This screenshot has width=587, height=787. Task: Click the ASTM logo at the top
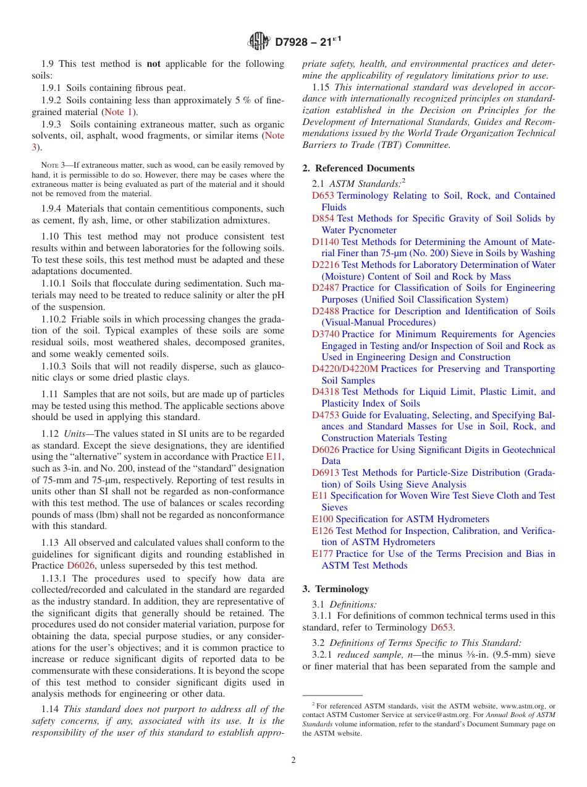point(259,42)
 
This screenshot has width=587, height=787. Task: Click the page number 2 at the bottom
point(293,760)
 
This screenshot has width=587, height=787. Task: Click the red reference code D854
point(323,218)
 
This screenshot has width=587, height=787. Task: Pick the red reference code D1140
point(326,242)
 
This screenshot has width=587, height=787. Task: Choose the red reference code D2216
point(326,265)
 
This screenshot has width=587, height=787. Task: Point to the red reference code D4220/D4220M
point(345,369)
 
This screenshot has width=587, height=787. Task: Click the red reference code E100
point(323,519)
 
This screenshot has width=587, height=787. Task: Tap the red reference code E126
point(323,531)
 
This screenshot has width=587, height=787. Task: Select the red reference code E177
point(323,554)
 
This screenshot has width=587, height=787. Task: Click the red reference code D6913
point(326,473)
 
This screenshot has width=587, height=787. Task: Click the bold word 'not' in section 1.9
point(153,64)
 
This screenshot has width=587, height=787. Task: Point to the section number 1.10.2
point(54,319)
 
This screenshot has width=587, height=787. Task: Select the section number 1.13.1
point(54,578)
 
